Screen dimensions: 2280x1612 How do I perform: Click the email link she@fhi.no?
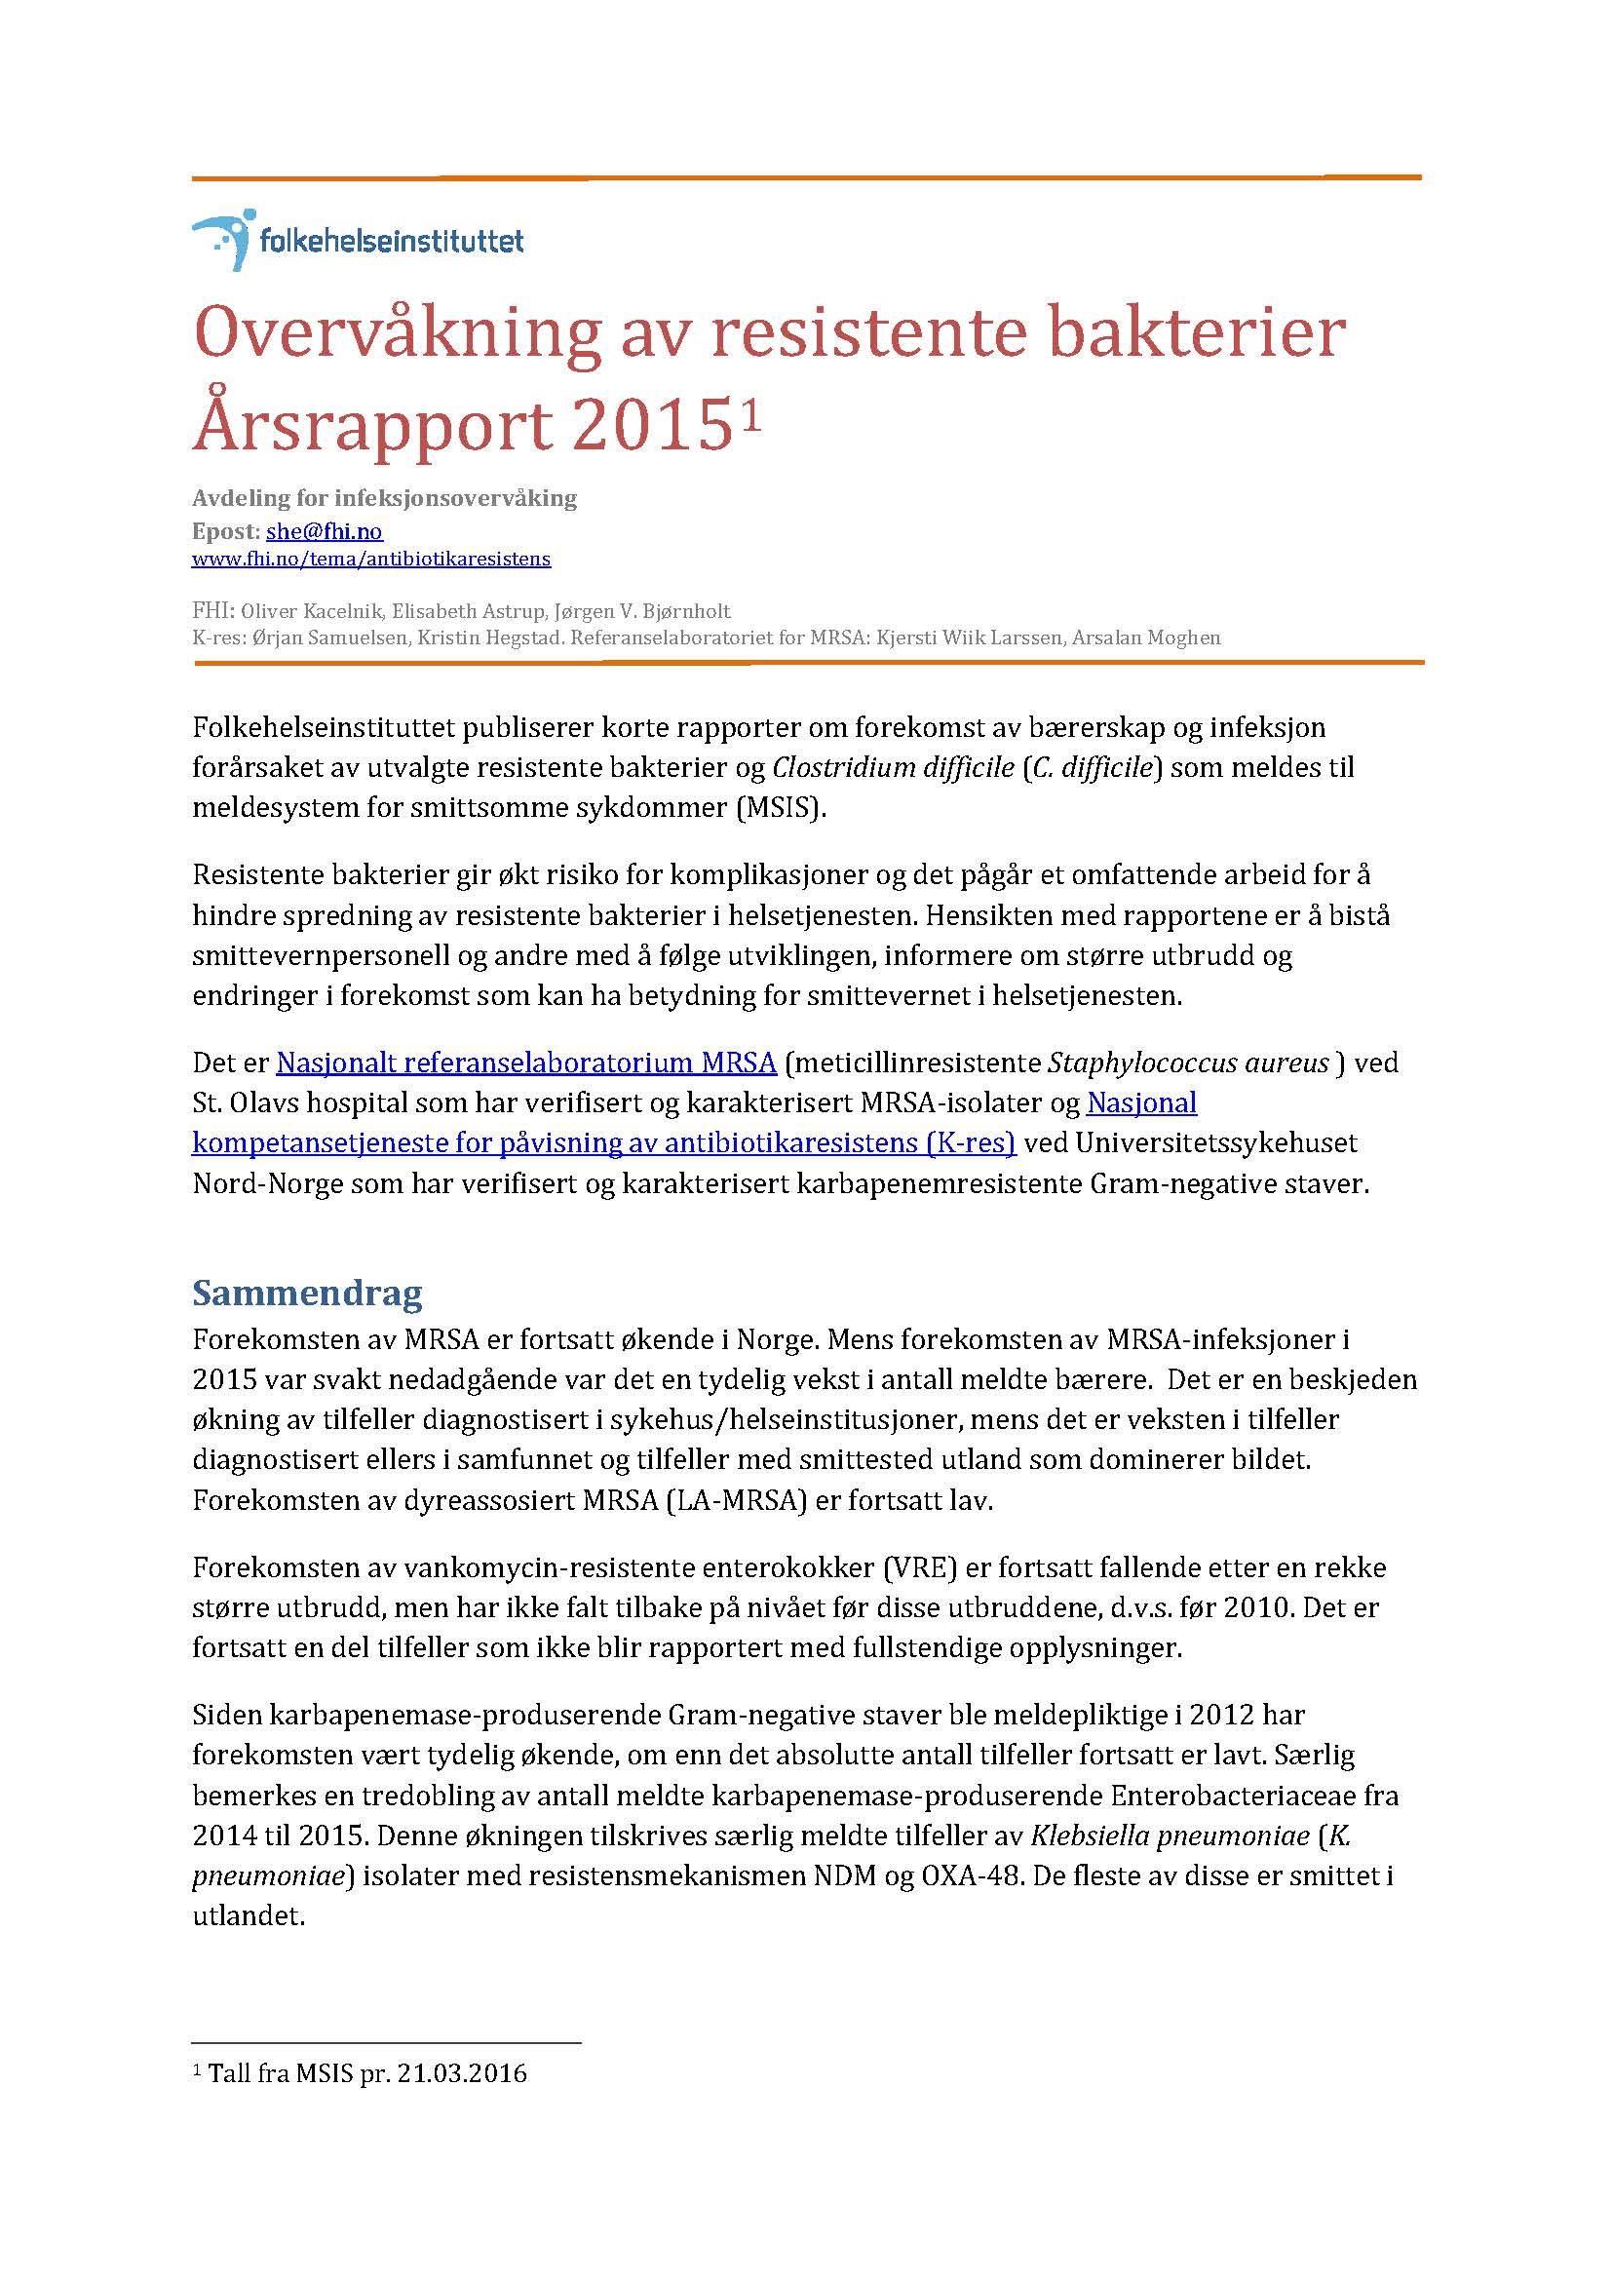[324, 531]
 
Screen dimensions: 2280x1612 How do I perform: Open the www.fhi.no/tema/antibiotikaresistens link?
[370, 559]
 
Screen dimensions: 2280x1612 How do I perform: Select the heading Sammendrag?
[307, 1292]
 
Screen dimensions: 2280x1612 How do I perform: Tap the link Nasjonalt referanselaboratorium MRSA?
[526, 1063]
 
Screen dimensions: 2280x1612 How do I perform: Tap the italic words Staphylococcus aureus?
[1188, 1063]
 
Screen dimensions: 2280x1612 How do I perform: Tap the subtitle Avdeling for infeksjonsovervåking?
[384, 498]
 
